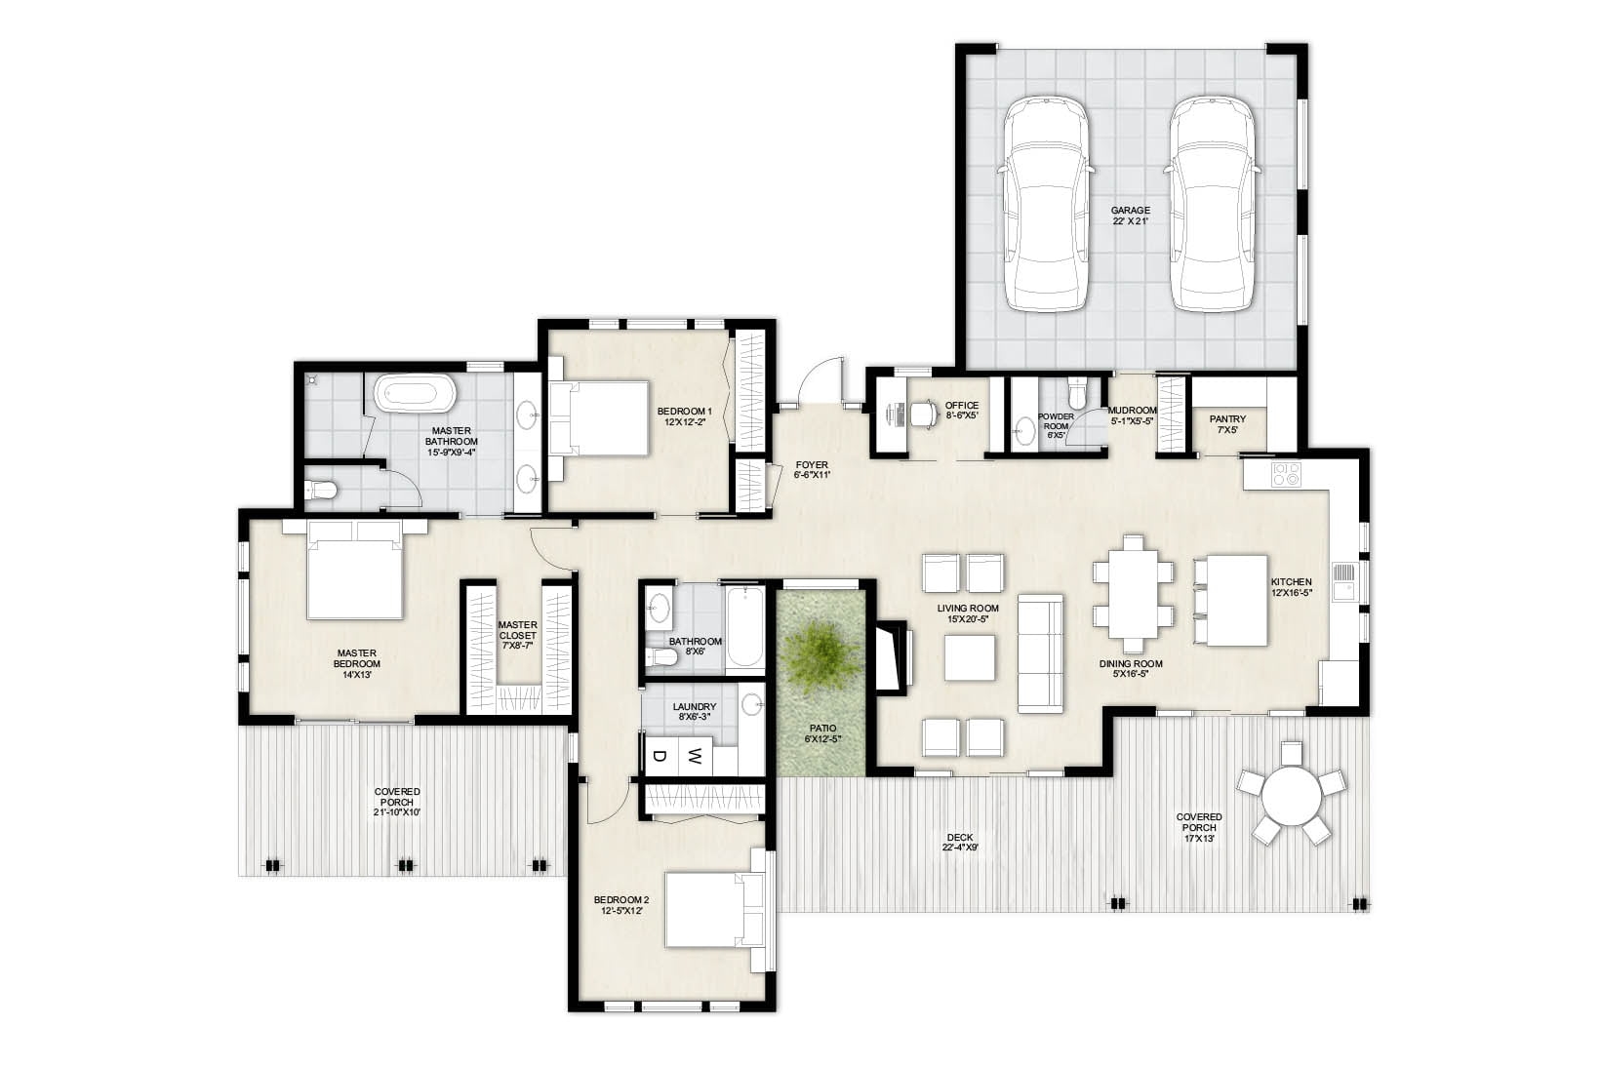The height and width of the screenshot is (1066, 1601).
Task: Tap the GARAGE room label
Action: [x=1131, y=215]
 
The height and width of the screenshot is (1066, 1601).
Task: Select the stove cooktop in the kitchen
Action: [x=1286, y=475]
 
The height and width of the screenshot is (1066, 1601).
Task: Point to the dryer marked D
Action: [x=660, y=755]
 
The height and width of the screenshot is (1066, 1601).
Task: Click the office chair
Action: [x=920, y=415]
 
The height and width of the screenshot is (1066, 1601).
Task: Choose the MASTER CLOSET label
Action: [x=517, y=635]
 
